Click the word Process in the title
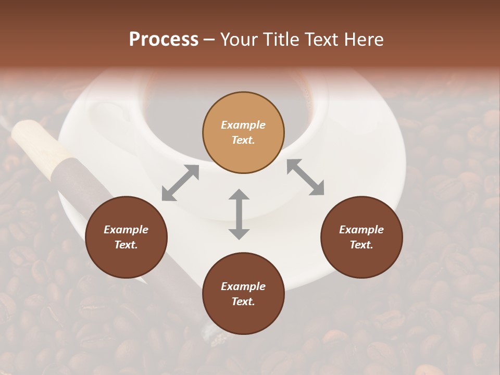tap(164, 40)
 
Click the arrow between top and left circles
tap(180, 183)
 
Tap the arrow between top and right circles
tap(305, 178)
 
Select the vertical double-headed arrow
tap(239, 215)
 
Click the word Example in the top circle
tap(243, 125)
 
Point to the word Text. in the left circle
tap(126, 245)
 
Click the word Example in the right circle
tap(361, 230)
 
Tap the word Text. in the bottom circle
tap(243, 302)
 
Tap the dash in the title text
tap(209, 40)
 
